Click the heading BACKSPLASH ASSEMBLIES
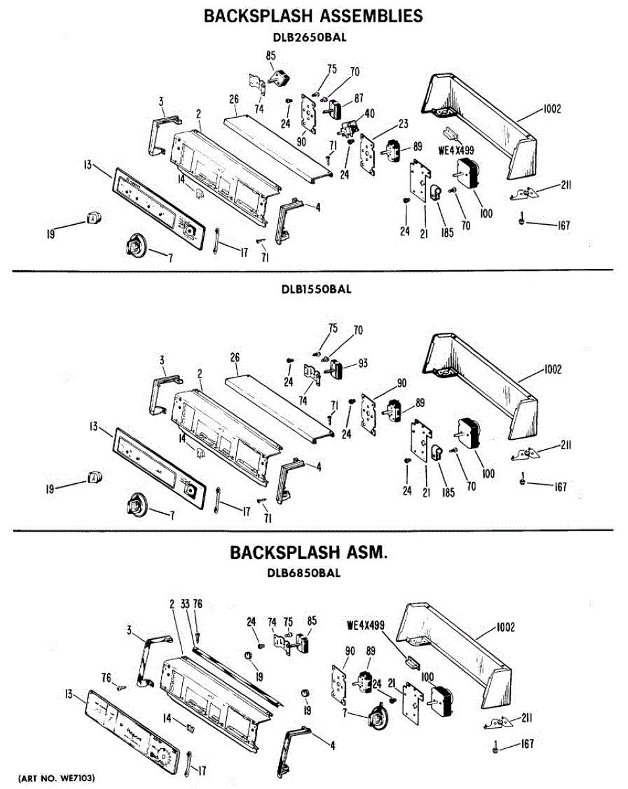pyautogui.click(x=314, y=16)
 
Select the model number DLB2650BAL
pyautogui.click(x=314, y=37)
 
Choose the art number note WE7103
pyautogui.click(x=57, y=778)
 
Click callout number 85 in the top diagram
pyautogui.click(x=271, y=57)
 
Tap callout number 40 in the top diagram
pyautogui.click(x=369, y=113)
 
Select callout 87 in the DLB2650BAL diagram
pyautogui.click(x=358, y=98)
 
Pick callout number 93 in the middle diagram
pyautogui.click(x=362, y=364)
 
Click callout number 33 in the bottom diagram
pyautogui.click(x=185, y=604)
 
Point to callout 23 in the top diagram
pyautogui.click(x=403, y=124)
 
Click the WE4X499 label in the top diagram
pyautogui.click(x=456, y=150)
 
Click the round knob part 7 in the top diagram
pyautogui.click(x=135, y=247)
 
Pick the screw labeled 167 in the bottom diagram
pyautogui.click(x=495, y=747)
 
